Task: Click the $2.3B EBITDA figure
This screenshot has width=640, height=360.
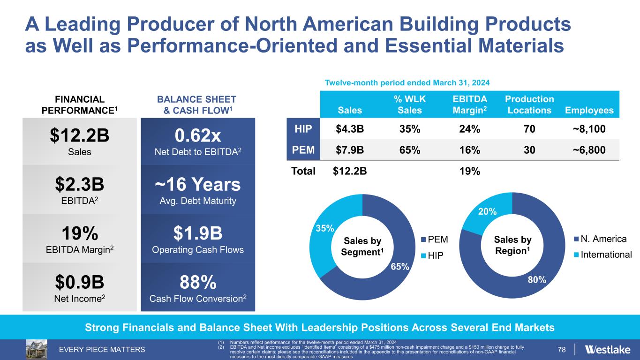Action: click(80, 185)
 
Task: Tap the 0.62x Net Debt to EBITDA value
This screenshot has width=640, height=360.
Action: click(197, 136)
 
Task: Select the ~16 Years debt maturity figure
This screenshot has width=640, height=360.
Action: click(197, 185)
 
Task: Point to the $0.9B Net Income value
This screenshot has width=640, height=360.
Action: click(80, 283)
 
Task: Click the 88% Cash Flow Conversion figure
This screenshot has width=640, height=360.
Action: click(197, 283)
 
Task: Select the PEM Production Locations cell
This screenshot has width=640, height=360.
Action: click(529, 150)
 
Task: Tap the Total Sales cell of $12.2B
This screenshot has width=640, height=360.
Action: click(349, 171)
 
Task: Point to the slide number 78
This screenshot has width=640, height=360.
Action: click(562, 350)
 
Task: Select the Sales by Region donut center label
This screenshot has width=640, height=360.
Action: click(512, 245)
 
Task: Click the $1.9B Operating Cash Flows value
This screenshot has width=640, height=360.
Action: click(197, 233)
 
